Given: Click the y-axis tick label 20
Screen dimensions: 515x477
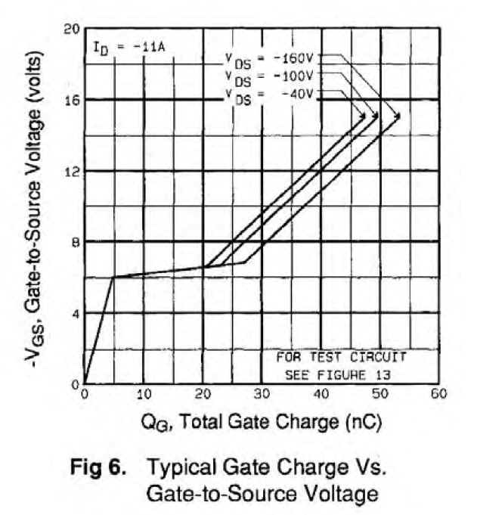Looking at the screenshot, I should [x=71, y=29].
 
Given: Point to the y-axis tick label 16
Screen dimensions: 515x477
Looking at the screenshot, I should [x=71, y=100].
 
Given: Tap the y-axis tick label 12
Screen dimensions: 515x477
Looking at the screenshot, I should [x=71, y=171].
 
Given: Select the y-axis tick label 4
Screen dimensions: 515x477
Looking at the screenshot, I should [x=75, y=313].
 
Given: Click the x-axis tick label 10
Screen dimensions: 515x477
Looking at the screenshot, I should [x=144, y=395].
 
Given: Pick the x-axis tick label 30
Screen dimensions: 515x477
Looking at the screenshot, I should [x=262, y=395].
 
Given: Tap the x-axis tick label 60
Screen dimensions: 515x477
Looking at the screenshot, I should [x=438, y=395].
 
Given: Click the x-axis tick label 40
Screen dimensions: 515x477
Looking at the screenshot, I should [x=321, y=395].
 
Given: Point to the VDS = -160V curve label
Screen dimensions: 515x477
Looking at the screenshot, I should [x=274, y=57].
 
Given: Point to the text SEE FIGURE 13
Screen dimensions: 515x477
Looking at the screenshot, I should [x=330, y=373].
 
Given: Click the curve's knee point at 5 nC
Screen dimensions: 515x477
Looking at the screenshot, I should [x=113, y=278].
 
